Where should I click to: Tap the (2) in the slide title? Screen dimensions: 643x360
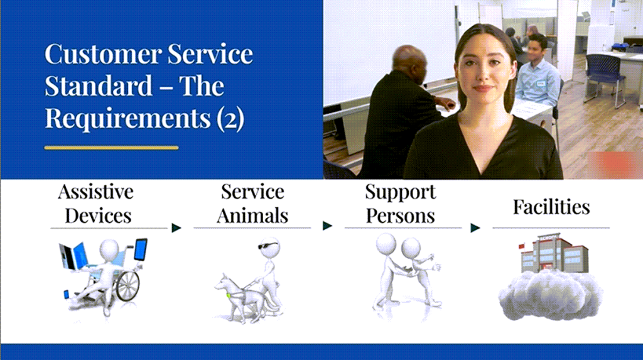[x=230, y=118]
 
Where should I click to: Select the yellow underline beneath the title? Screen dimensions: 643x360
[x=112, y=148]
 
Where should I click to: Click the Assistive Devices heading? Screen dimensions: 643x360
[x=97, y=204]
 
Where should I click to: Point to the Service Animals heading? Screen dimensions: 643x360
[x=252, y=204]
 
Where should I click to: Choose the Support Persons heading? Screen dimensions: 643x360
[x=401, y=204]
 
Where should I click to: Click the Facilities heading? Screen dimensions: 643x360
[x=551, y=207]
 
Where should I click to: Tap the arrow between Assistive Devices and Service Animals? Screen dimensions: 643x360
[x=176, y=228]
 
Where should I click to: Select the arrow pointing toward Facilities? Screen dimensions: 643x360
[x=475, y=228]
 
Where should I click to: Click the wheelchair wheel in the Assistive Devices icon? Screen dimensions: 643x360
[x=128, y=285]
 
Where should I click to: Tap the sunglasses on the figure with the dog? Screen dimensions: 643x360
[x=267, y=246]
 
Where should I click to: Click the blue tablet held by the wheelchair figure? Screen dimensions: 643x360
[x=141, y=249]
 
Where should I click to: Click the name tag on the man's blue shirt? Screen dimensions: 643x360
[x=541, y=84]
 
